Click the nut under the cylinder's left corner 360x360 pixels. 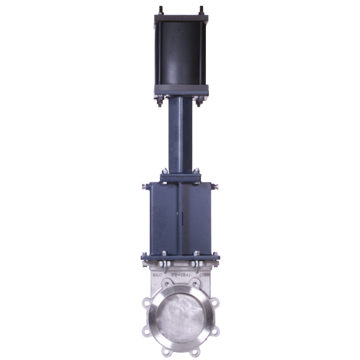[158, 104]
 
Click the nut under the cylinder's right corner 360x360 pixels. [202, 104]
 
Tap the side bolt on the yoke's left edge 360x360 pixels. [145, 186]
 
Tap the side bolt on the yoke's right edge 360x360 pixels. [215, 186]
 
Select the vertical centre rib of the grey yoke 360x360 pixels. [180, 216]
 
